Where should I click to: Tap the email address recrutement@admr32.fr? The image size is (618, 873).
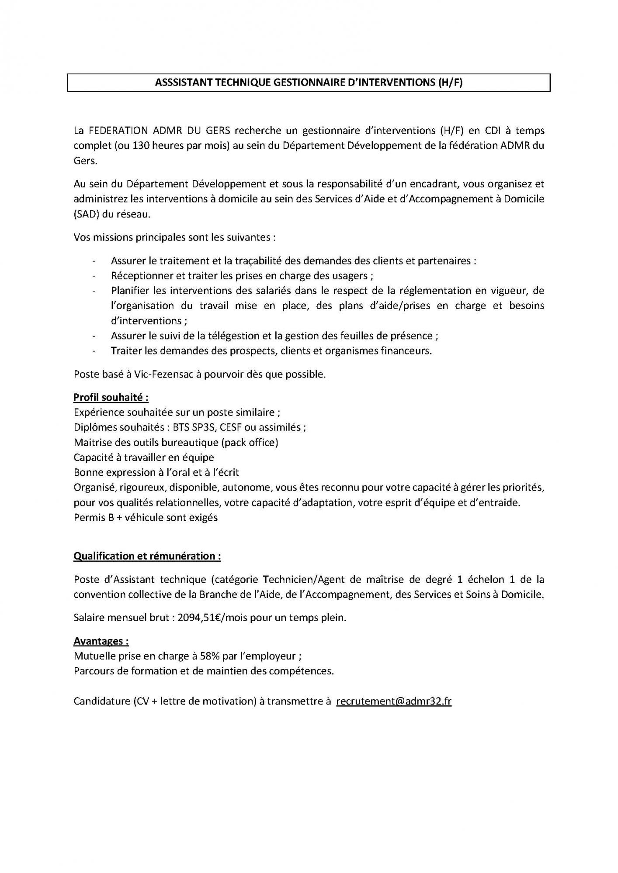(394, 701)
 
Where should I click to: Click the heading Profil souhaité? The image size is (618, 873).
(111, 397)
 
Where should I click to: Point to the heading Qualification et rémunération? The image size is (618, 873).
(147, 556)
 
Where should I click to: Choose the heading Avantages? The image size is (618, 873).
(101, 641)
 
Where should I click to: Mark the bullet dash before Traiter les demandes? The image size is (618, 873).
(94, 351)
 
